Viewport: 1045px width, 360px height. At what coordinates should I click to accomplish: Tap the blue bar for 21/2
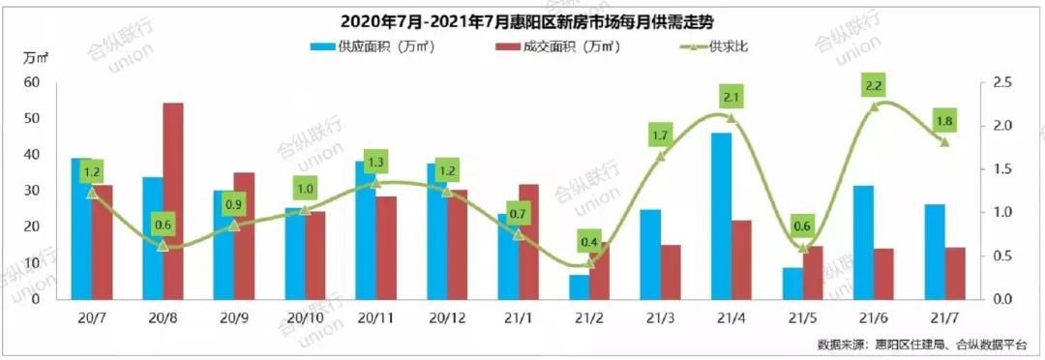[x=579, y=286]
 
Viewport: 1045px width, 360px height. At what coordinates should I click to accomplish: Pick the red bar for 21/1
[x=529, y=241]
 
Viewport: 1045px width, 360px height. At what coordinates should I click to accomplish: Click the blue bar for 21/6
[x=863, y=242]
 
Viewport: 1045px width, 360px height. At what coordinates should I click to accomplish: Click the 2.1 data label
[x=731, y=98]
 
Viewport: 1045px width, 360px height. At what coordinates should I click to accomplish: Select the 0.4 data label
[x=589, y=242]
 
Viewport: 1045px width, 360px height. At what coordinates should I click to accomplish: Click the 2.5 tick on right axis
[x=1001, y=83]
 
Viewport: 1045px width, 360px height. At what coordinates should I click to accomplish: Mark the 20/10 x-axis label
[x=305, y=317]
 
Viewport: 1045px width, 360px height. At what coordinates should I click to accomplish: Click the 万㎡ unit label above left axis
[x=36, y=58]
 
